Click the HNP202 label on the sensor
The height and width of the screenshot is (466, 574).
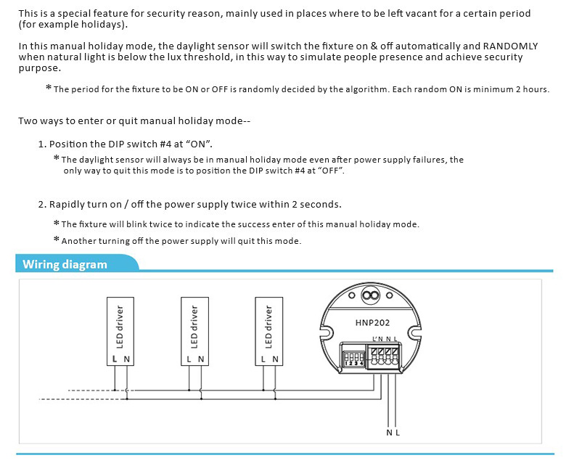pyautogui.click(x=369, y=322)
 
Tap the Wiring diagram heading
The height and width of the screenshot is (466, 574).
pyautogui.click(x=65, y=264)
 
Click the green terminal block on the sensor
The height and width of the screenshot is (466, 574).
pyautogui.click(x=385, y=356)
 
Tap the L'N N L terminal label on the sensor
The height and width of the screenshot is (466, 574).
pyautogui.click(x=385, y=339)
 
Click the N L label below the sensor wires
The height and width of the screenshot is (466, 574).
pyautogui.click(x=393, y=433)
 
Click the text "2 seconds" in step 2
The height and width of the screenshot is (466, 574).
pyautogui.click(x=316, y=205)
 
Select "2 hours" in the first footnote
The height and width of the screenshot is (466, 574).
pyautogui.click(x=532, y=89)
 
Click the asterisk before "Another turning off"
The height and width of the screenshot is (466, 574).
pyautogui.click(x=57, y=240)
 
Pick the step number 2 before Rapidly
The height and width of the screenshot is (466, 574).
pyautogui.click(x=41, y=205)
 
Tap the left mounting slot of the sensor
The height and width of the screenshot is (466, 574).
pyautogui.click(x=327, y=332)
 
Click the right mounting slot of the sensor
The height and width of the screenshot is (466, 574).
pyautogui.click(x=415, y=332)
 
